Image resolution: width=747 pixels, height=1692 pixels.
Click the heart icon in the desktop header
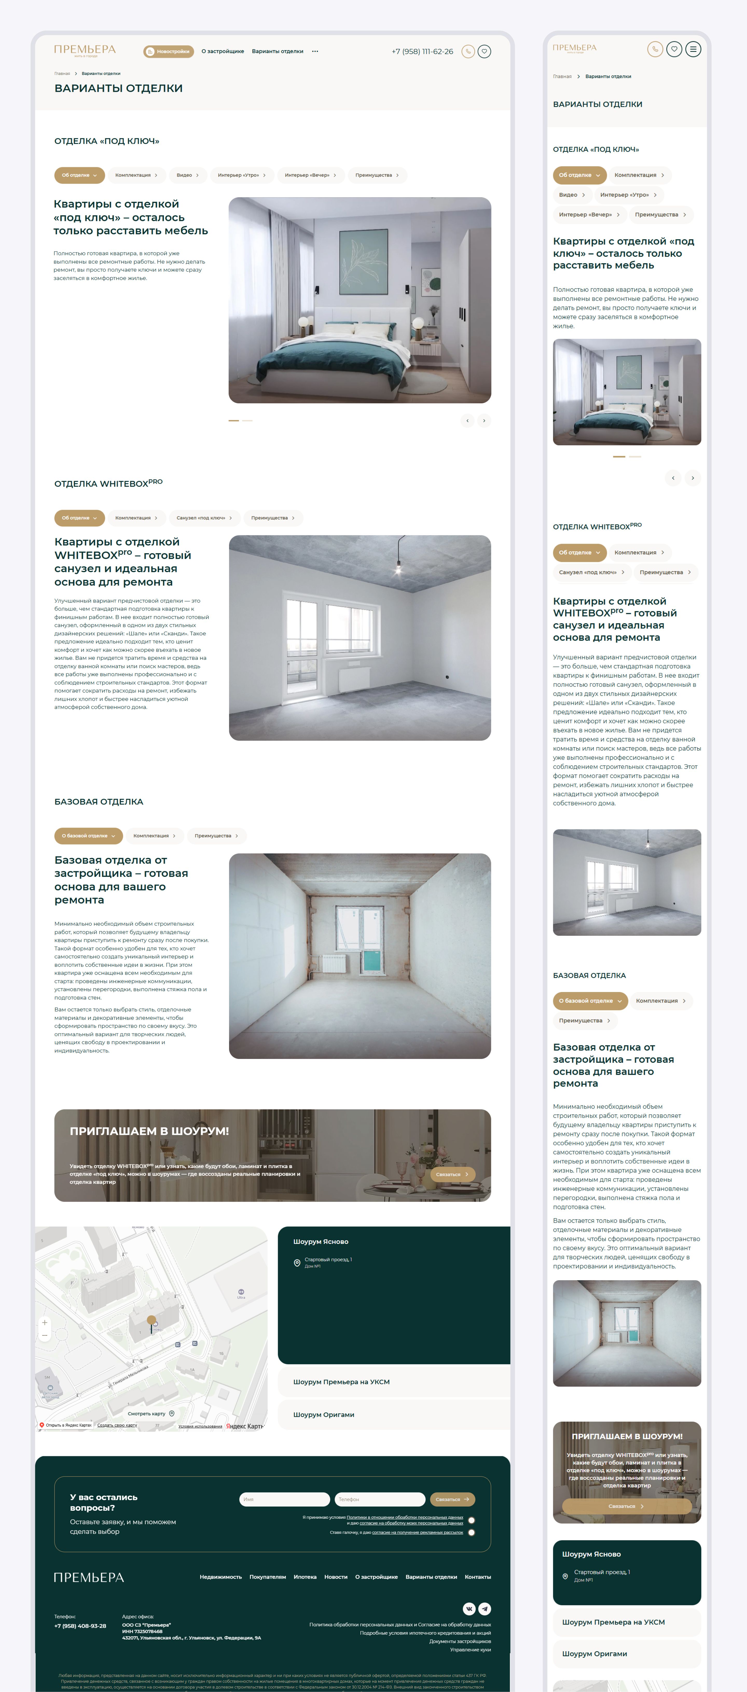[484, 51]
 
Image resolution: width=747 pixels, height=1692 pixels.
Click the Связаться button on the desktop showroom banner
[452, 1174]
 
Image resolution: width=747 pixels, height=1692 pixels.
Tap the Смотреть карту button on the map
[150, 1413]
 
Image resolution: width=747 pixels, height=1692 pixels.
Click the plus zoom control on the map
[45, 1322]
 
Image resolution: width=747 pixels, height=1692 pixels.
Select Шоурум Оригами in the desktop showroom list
[324, 1415]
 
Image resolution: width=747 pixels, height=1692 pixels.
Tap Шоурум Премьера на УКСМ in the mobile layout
[613, 1622]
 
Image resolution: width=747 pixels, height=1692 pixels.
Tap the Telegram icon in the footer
[484, 1608]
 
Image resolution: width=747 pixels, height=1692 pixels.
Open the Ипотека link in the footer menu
[305, 1577]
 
